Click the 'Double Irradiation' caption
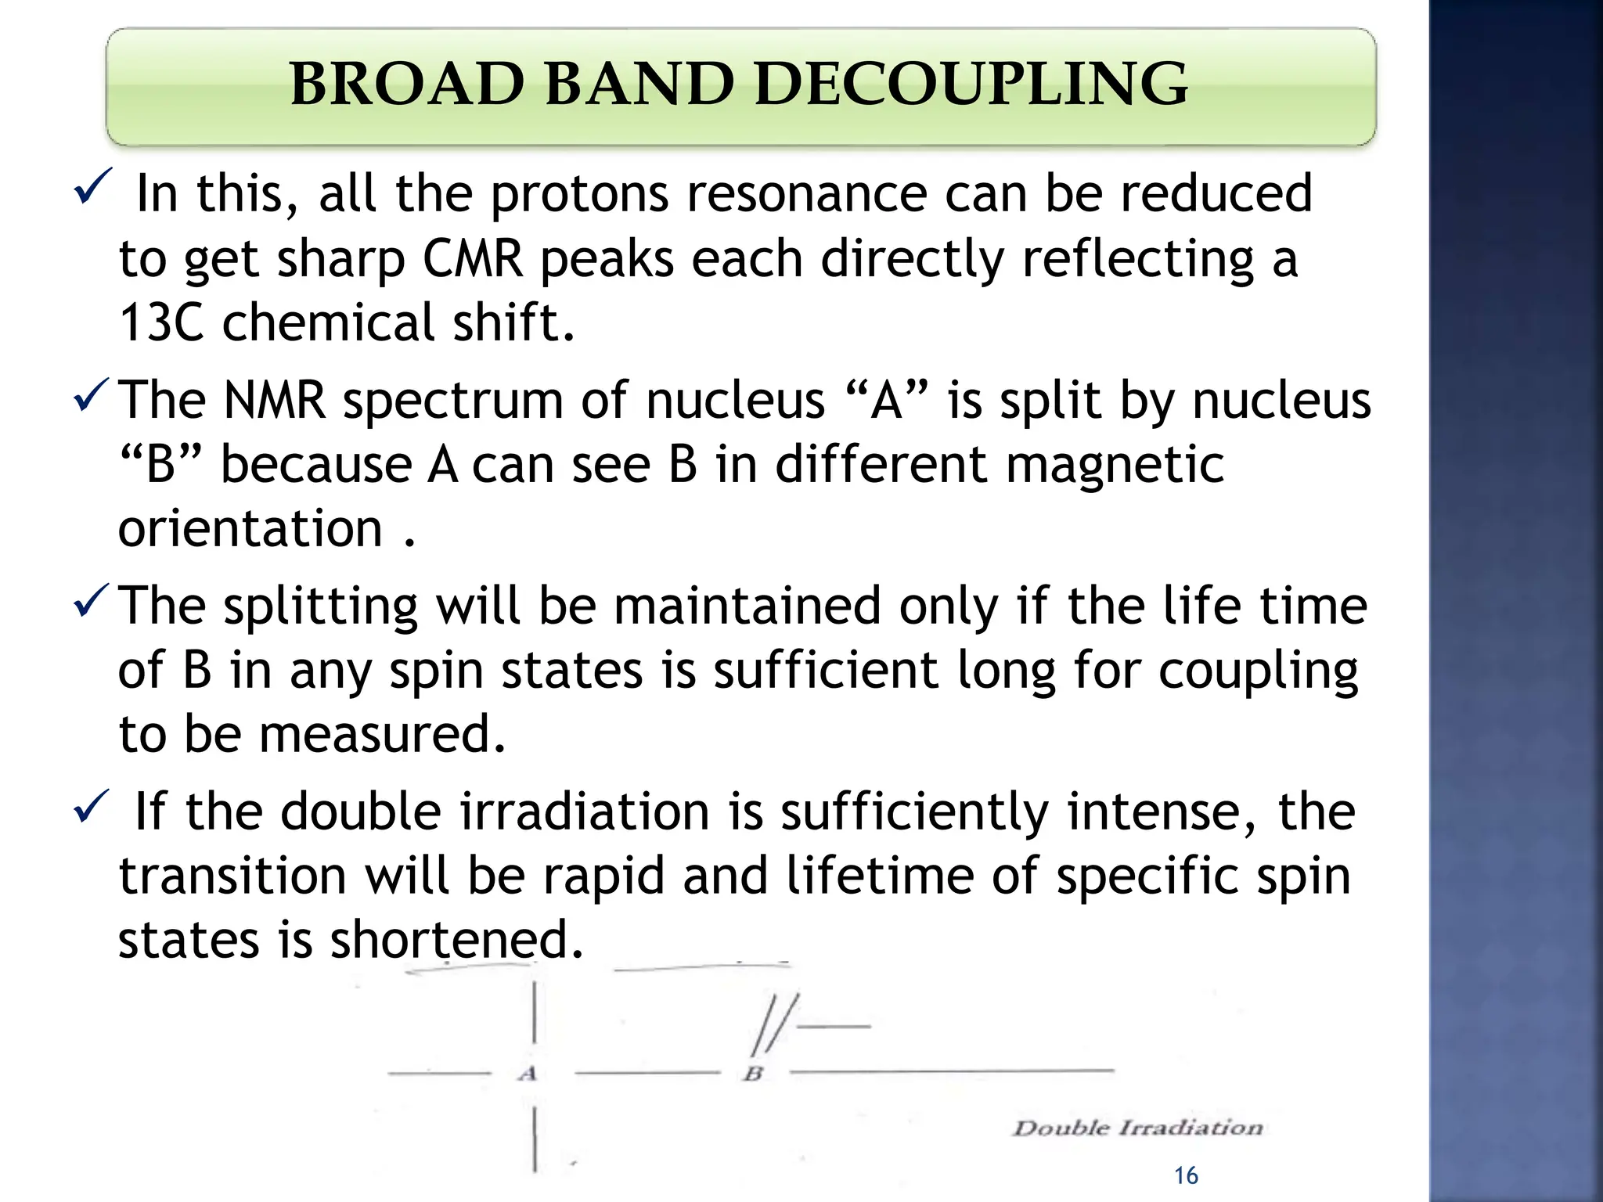[1138, 1128]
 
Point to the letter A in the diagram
[528, 1074]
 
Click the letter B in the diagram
[753, 1074]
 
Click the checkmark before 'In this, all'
[92, 186]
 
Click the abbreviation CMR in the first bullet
[473, 258]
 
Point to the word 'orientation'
[250, 529]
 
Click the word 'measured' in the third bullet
[382, 734]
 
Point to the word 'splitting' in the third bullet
[321, 606]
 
